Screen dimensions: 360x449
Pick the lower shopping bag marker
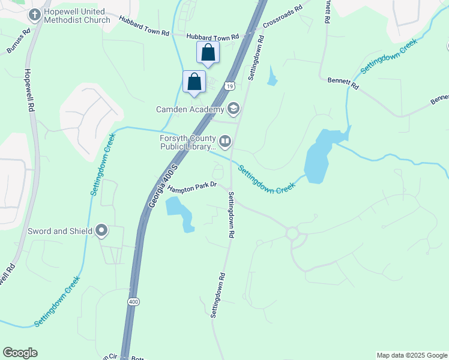[x=194, y=81]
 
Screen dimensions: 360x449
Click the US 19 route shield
[x=230, y=86]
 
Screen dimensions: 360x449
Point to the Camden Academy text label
[x=190, y=109]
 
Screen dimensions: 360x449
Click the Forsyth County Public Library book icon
[x=225, y=142]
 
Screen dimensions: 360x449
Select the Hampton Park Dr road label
[x=191, y=188]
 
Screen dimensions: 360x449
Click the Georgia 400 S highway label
[x=162, y=186]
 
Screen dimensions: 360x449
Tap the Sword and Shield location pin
[x=101, y=230]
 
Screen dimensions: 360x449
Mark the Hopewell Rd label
[x=28, y=91]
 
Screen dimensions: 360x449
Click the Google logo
[x=20, y=353]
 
